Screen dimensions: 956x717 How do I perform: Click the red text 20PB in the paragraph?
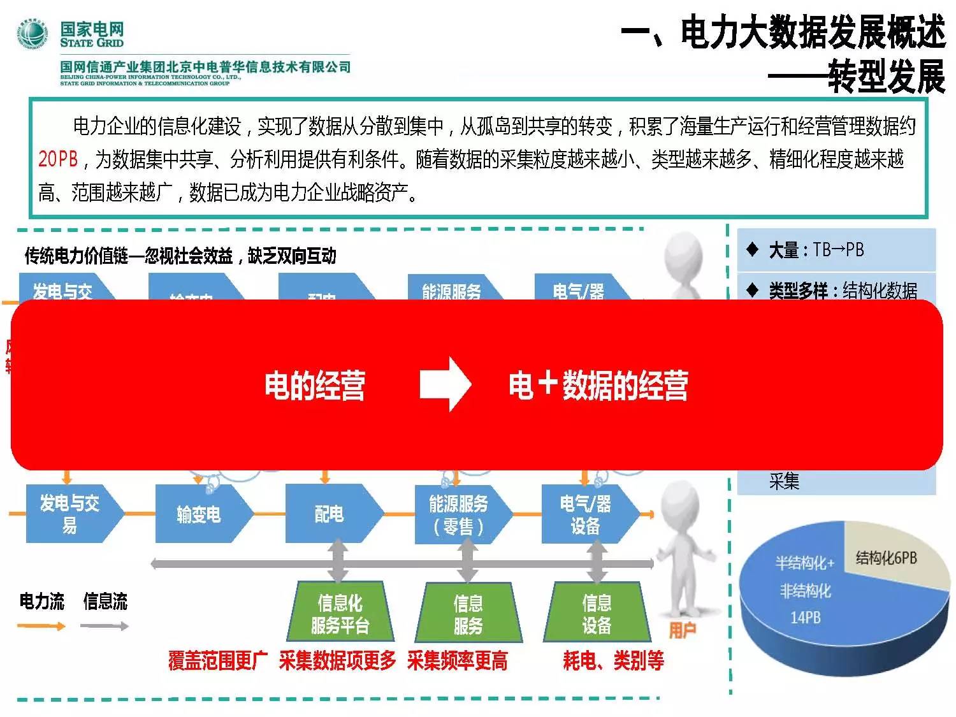57,159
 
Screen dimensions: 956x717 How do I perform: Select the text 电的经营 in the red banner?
315,386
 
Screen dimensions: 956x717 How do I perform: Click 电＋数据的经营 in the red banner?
598,386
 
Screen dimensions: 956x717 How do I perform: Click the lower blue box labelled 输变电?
199,514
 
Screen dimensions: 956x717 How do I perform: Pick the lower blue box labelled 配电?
330,514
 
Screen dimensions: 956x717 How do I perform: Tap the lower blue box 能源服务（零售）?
459,514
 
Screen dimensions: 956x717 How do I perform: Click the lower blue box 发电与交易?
70,514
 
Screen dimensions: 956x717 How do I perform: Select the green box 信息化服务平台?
340,613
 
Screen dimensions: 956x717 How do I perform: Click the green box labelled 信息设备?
597,613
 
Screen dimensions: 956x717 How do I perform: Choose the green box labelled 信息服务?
468,613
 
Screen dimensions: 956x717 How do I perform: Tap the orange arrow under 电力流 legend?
41,626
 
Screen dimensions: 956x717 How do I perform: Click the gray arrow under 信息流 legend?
105,626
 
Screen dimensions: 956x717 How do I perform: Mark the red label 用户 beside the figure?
682,630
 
